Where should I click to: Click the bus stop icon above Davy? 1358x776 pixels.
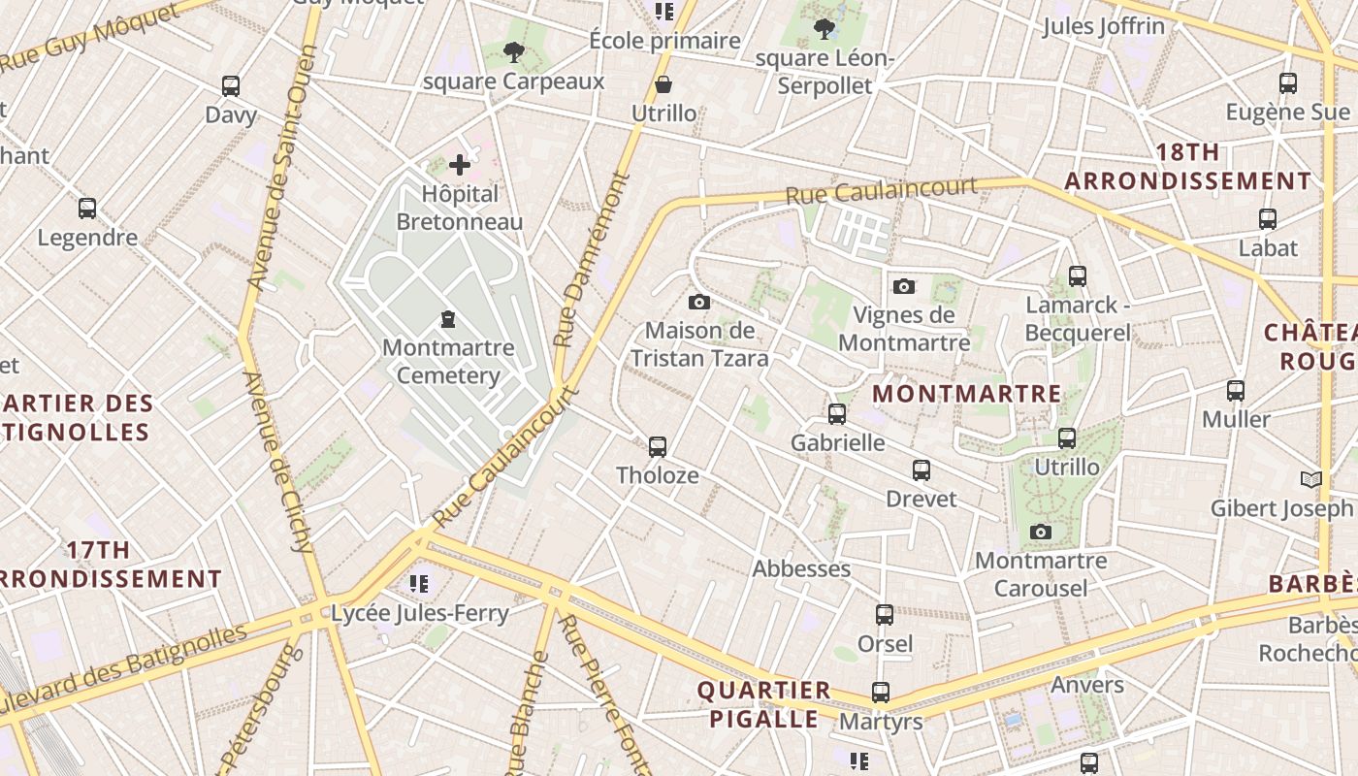pos(231,86)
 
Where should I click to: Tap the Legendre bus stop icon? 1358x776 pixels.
pos(87,209)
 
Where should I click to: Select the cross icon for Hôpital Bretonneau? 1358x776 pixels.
pos(460,166)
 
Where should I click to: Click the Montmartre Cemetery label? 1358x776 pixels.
pos(441,362)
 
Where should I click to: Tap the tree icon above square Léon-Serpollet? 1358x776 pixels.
pos(824,29)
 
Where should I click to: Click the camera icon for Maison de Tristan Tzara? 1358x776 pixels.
pos(698,303)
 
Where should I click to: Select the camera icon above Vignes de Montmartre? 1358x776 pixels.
pos(904,286)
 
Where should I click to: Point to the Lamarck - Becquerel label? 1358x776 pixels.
pos(1078,319)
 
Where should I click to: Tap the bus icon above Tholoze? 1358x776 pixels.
pos(658,447)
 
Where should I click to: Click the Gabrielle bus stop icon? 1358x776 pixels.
pos(837,414)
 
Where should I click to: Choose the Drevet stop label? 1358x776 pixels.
pos(921,499)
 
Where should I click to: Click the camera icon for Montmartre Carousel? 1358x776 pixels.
pos(1041,532)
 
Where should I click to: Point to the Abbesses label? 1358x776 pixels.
pos(801,568)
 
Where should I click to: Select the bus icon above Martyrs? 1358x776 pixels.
pos(881,693)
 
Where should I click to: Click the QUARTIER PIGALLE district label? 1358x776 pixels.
pos(764,704)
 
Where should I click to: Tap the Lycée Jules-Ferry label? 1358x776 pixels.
pos(420,613)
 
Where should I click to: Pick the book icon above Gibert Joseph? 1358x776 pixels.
pos(1310,479)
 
